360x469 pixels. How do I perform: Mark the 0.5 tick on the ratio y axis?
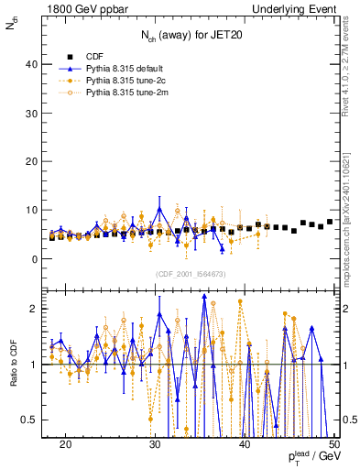[30, 420]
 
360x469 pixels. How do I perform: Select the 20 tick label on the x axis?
[65, 443]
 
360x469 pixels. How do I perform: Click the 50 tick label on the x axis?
[333, 443]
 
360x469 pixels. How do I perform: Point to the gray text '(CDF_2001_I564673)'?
[190, 274]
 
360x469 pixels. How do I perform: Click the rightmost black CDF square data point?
[330, 222]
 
